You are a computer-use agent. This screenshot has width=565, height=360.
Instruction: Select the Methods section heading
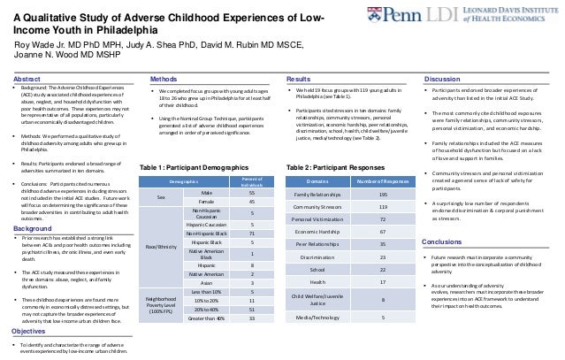(166, 79)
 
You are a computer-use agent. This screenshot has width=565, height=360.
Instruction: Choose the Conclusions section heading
(444, 241)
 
